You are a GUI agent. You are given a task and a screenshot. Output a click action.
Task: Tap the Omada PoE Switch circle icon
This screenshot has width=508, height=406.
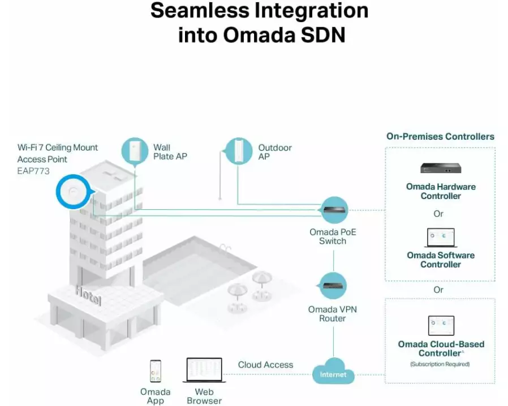click(333, 210)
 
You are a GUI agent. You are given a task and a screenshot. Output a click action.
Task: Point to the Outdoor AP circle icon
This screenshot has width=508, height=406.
click(239, 151)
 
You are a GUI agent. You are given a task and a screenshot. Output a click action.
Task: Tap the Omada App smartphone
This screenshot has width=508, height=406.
click(155, 372)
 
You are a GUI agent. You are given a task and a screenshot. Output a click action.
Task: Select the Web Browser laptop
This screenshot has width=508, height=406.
click(204, 371)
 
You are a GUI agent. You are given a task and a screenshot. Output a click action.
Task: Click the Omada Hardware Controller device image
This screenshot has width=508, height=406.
click(441, 168)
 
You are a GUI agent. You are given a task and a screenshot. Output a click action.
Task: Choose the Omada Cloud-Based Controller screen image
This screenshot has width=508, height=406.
click(441, 326)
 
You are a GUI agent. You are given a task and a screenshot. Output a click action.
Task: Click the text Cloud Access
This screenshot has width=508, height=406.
click(265, 365)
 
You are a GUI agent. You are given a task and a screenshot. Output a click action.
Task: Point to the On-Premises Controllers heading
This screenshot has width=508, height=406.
click(440, 136)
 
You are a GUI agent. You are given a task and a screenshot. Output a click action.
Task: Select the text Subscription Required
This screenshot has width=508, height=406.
click(440, 364)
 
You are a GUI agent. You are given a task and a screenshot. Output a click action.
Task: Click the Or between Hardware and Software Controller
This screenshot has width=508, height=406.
click(438, 214)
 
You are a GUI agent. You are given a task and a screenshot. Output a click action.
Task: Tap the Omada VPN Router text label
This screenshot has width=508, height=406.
click(333, 314)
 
